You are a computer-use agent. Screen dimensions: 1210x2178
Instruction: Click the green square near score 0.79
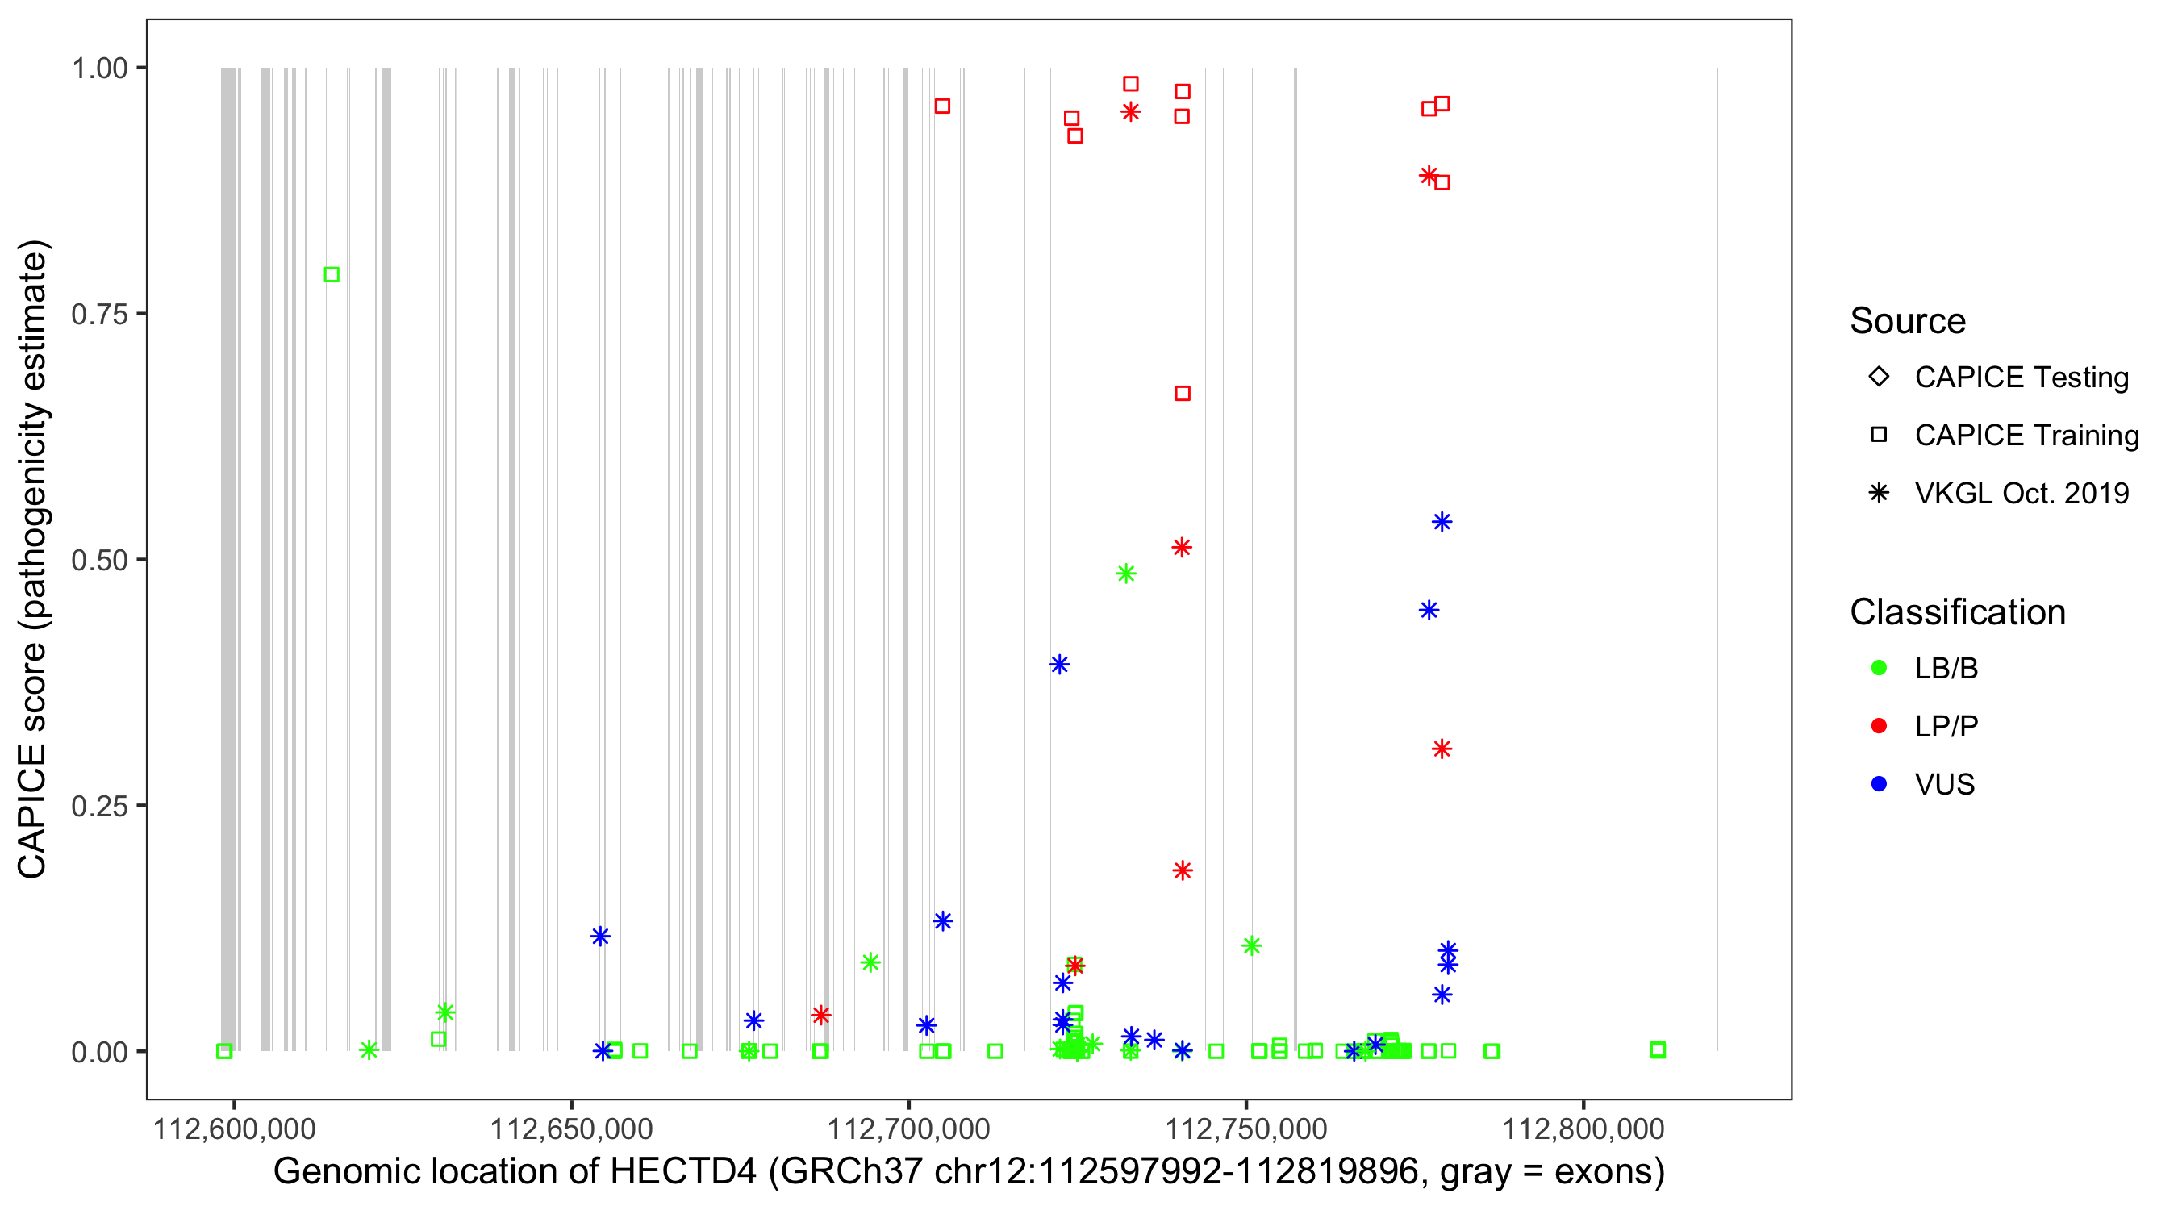332,275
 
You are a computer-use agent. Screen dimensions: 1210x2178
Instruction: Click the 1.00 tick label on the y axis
99,68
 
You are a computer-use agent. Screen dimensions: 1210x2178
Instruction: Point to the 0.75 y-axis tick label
99,314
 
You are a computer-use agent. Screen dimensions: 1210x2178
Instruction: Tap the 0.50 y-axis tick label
99,560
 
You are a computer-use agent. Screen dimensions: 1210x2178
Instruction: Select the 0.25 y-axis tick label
99,806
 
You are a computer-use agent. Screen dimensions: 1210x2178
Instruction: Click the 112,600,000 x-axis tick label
234,1129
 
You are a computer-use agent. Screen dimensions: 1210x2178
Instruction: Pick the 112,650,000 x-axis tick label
572,1129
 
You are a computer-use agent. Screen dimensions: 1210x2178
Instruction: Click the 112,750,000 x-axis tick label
1246,1129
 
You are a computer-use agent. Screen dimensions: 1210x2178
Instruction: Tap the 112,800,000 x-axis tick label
1583,1129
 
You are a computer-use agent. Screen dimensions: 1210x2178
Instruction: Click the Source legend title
1908,321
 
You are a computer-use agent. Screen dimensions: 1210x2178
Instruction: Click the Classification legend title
1957,612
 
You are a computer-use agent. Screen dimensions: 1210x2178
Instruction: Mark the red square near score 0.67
1183,393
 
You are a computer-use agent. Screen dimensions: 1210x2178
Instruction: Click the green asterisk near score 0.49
1125,574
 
